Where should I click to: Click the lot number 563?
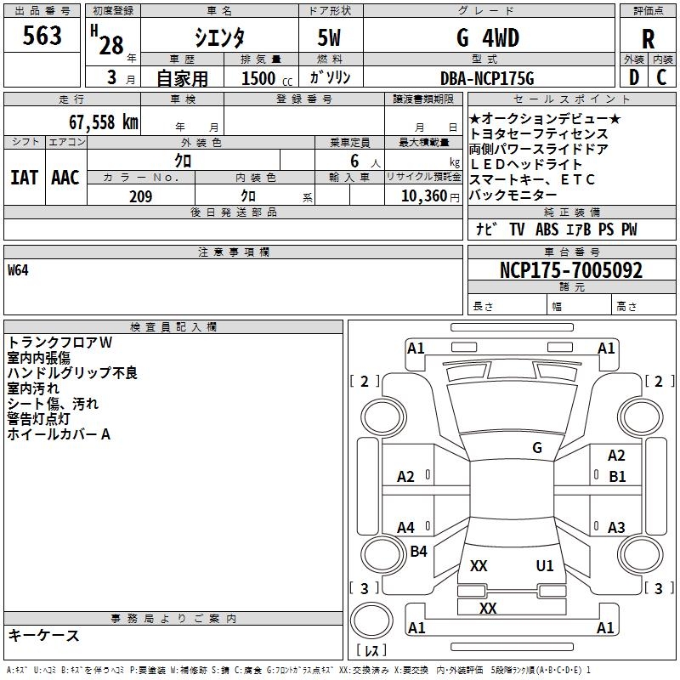point(42,36)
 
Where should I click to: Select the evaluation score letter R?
point(649,38)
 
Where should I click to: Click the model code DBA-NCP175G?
point(487,78)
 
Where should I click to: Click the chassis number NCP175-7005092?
point(571,270)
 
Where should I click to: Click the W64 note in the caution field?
point(19,271)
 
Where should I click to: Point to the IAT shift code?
point(24,177)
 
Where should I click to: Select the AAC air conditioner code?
point(65,177)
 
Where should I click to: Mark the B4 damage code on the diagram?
point(418,552)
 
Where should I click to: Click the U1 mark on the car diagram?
point(545,565)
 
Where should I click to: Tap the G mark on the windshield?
point(536,447)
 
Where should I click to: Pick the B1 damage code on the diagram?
point(617,477)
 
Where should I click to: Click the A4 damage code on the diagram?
point(406,528)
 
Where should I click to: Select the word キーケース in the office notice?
point(44,635)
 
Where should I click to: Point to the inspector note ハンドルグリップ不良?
point(72,373)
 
